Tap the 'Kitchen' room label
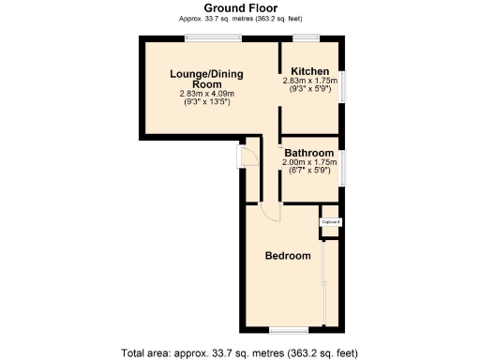click(309, 72)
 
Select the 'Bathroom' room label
click(309, 153)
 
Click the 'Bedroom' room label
click(287, 256)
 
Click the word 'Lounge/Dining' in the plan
click(205, 74)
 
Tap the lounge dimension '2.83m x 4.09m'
click(206, 94)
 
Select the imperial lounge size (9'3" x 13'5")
click(206, 101)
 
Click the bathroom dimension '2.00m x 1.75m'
click(309, 162)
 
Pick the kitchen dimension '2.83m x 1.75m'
click(309, 82)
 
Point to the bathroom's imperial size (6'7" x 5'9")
click(309, 170)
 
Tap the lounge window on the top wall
click(213, 38)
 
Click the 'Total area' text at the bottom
click(240, 352)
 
